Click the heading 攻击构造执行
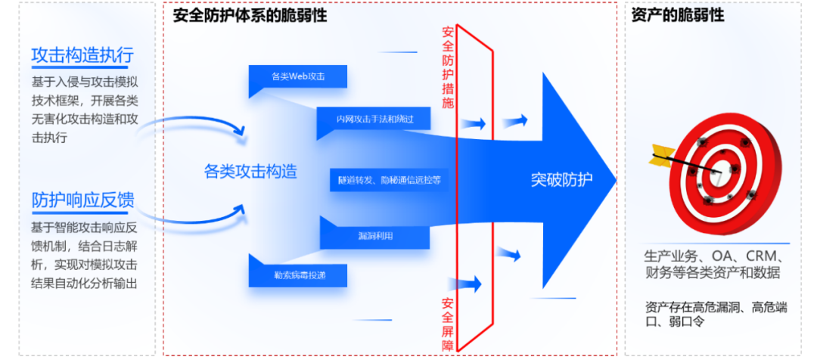coord(82,56)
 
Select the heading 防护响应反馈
coord(82,200)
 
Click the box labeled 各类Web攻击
coord(297,76)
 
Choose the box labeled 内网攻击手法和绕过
coord(374,119)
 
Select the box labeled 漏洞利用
coord(375,236)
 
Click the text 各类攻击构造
coord(250,172)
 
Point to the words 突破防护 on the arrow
coord(561,179)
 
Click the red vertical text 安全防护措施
coord(448,68)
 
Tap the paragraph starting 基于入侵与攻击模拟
coord(84,110)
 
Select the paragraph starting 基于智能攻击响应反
coord(84,255)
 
